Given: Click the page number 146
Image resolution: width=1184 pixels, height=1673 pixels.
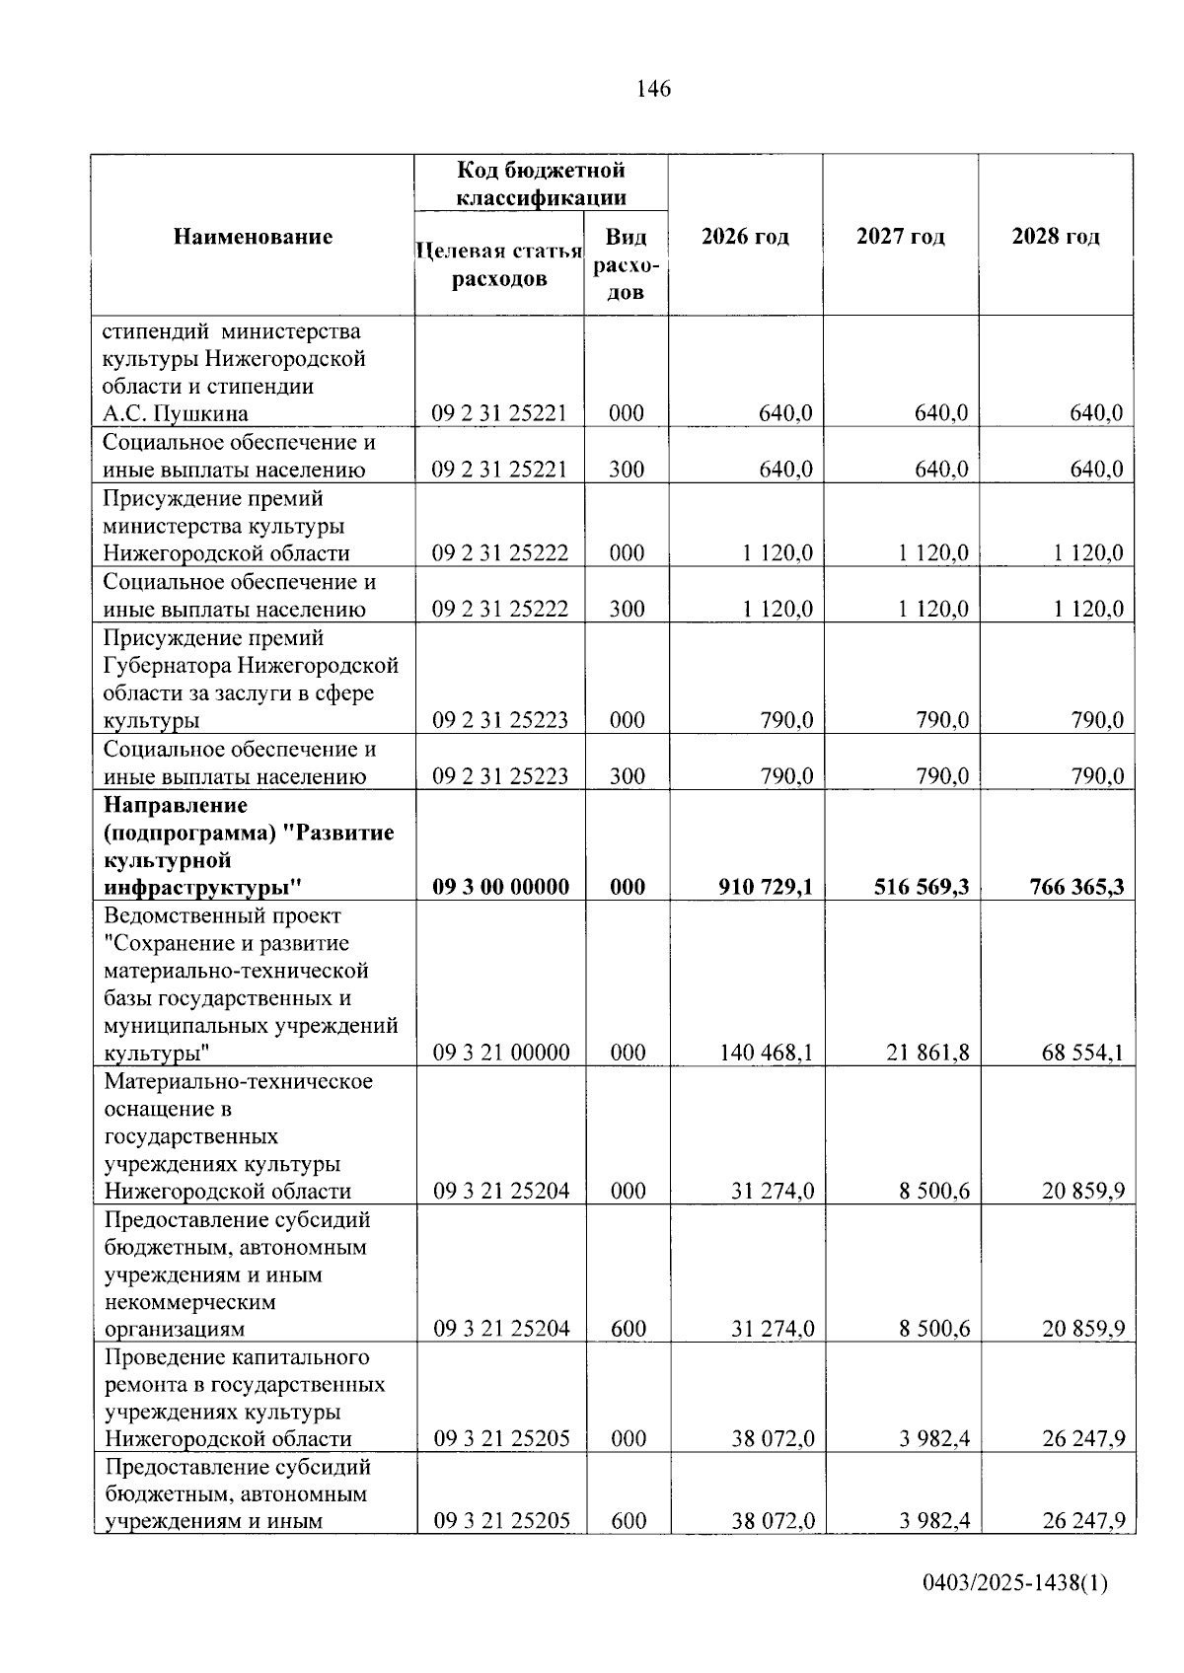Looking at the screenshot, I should [653, 90].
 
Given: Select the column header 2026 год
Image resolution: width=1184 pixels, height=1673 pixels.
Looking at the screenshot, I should [745, 237].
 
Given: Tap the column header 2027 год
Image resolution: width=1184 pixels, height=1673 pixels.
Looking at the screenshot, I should [900, 237].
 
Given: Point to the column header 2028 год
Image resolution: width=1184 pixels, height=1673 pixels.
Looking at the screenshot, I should [1056, 237].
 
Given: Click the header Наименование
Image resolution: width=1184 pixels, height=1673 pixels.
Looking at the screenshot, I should [254, 237].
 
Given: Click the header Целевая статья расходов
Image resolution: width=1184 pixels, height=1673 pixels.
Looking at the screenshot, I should [499, 264].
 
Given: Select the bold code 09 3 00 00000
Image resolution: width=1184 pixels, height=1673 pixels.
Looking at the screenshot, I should [501, 887].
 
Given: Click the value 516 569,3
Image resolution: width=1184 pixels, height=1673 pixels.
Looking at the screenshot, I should [922, 887].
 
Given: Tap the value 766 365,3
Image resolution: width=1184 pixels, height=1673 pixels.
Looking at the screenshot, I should [1076, 887].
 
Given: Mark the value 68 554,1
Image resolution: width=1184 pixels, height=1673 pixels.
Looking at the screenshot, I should [1082, 1053].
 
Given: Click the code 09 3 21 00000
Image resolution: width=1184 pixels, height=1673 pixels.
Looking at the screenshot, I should [501, 1053].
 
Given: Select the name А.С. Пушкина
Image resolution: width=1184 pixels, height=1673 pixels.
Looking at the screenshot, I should [176, 413].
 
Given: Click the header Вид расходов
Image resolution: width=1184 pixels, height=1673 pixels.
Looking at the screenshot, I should [626, 264].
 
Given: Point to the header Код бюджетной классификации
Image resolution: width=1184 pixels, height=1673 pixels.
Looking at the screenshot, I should [541, 183].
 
